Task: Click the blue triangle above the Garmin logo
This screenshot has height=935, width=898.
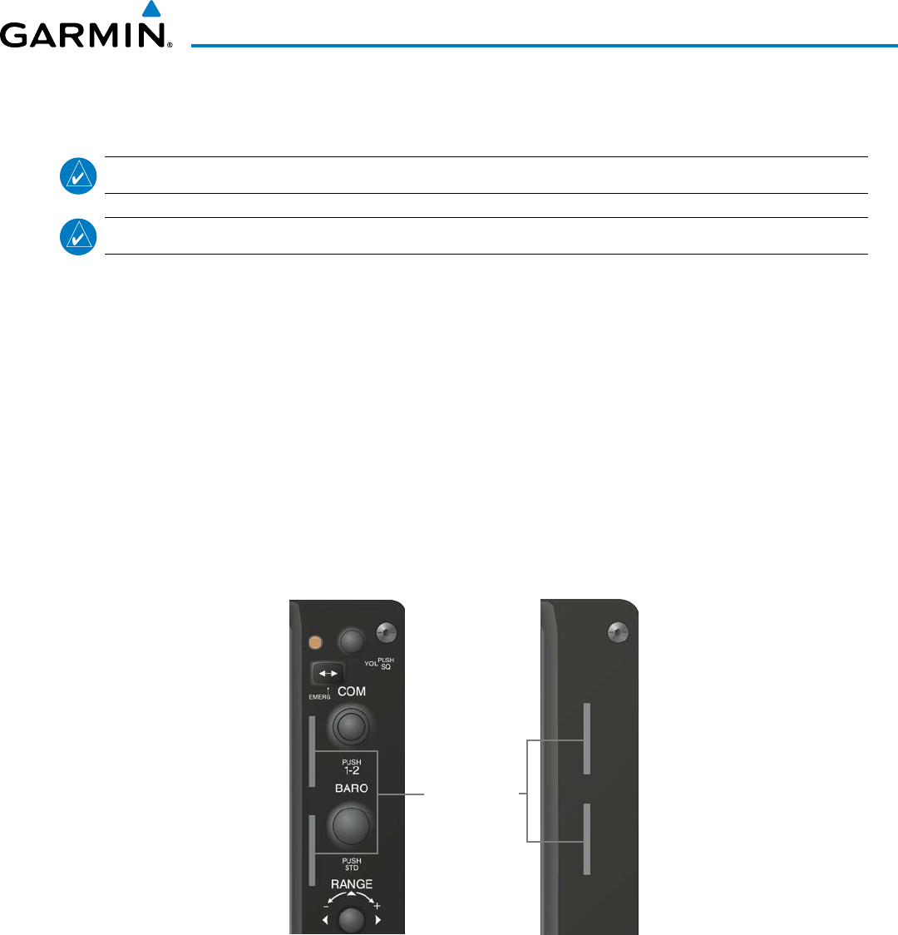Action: click(150, 10)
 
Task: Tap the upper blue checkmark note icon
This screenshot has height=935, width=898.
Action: click(78, 176)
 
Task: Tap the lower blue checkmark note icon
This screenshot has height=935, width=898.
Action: click(78, 236)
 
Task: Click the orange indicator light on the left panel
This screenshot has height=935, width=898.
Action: click(315, 642)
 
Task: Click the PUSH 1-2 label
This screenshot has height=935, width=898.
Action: click(350, 766)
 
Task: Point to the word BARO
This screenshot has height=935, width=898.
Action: click(350, 786)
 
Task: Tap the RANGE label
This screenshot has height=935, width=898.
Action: click(351, 883)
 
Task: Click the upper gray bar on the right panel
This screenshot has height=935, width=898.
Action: click(587, 738)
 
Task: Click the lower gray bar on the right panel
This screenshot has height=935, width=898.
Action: click(587, 839)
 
